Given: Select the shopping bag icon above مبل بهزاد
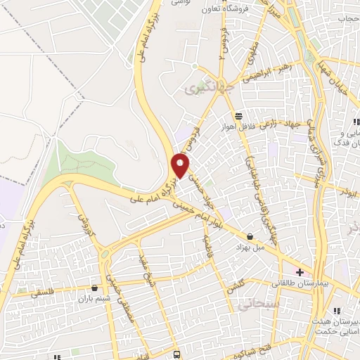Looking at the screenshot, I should [250, 236].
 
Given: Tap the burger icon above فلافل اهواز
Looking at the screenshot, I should [238, 115].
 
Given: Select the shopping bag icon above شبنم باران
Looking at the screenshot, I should [95, 288].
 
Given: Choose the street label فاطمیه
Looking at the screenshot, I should [207, 249].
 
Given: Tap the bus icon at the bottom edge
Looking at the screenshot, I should [176, 354].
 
